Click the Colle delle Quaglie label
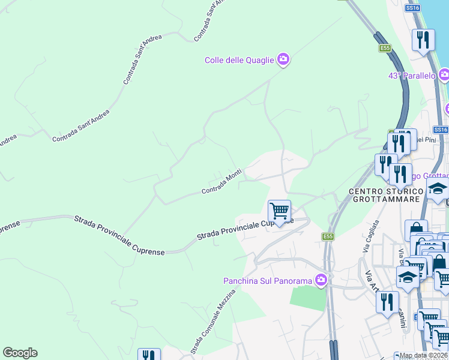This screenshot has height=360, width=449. pos(239,60)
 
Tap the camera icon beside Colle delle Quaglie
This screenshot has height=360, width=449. pos(283,59)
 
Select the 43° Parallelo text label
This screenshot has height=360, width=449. pos(411,76)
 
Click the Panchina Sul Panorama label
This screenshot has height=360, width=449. pos(268,281)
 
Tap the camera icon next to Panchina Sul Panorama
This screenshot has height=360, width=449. pos(321,280)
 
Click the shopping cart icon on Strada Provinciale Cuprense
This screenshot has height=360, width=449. pos(279,211)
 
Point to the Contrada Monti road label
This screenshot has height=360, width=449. pos(221,182)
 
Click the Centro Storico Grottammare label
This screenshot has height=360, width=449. pos(387,195)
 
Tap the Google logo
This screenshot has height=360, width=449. pos(20,353)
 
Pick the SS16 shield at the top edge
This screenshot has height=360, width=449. pos(412,8)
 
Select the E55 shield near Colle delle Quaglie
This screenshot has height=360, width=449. pos(385,48)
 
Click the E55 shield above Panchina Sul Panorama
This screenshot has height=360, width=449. pos(327,236)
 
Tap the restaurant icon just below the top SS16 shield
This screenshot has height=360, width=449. pos(423,40)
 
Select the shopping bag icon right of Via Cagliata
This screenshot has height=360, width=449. pos(416,230)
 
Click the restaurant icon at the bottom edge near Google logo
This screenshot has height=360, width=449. pos(149,355)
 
